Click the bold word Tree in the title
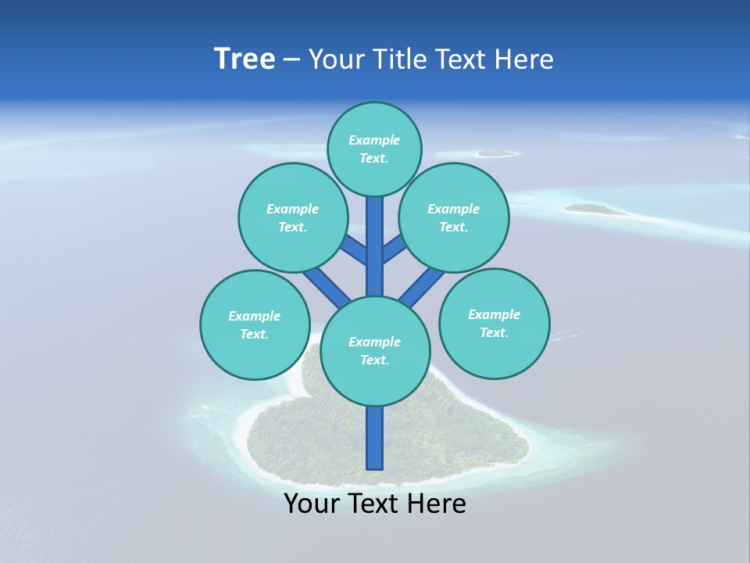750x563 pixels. point(245,59)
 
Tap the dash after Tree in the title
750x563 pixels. point(291,60)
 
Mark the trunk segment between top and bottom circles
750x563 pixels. point(375,246)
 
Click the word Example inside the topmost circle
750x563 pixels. point(374,141)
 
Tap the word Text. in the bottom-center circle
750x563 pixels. point(374,360)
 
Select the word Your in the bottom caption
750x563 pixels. point(312,504)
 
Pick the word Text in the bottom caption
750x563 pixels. point(373,504)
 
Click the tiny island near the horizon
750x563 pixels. point(496,154)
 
